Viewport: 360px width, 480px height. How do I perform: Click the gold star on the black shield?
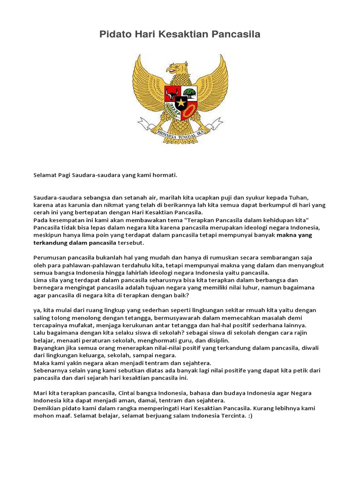click(x=181, y=102)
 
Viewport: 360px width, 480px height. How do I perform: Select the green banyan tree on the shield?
click(x=189, y=92)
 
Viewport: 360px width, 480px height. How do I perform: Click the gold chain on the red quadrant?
click(x=189, y=111)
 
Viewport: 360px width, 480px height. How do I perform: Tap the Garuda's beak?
click(x=171, y=70)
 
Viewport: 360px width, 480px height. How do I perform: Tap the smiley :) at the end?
click(x=249, y=416)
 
